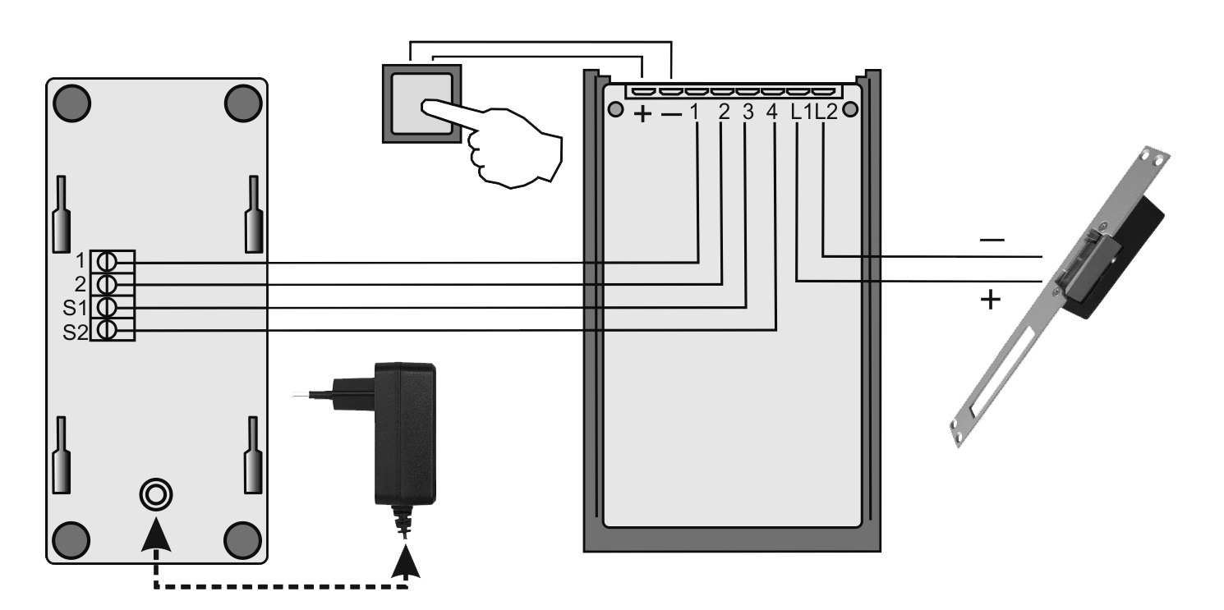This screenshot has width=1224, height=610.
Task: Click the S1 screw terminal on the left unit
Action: [107, 307]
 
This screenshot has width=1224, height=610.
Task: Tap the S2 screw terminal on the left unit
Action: [107, 330]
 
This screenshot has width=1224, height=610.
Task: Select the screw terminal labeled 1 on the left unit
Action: [107, 262]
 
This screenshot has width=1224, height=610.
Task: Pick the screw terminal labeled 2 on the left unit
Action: [107, 285]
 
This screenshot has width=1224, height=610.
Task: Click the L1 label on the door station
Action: [802, 112]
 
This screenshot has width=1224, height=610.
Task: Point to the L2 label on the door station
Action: [826, 112]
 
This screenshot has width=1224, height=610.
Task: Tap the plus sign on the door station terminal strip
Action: [642, 114]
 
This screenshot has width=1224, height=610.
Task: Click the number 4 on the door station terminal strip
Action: [771, 112]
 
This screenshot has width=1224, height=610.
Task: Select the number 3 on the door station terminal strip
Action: [748, 112]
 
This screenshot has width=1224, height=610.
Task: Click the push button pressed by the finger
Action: [421, 103]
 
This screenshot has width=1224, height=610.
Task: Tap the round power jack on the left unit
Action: [156, 495]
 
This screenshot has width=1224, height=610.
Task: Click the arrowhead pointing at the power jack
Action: [156, 534]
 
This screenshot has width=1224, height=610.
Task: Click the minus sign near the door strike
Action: [992, 240]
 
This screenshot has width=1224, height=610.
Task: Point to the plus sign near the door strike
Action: [990, 300]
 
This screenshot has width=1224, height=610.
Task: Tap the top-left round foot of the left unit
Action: [72, 103]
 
